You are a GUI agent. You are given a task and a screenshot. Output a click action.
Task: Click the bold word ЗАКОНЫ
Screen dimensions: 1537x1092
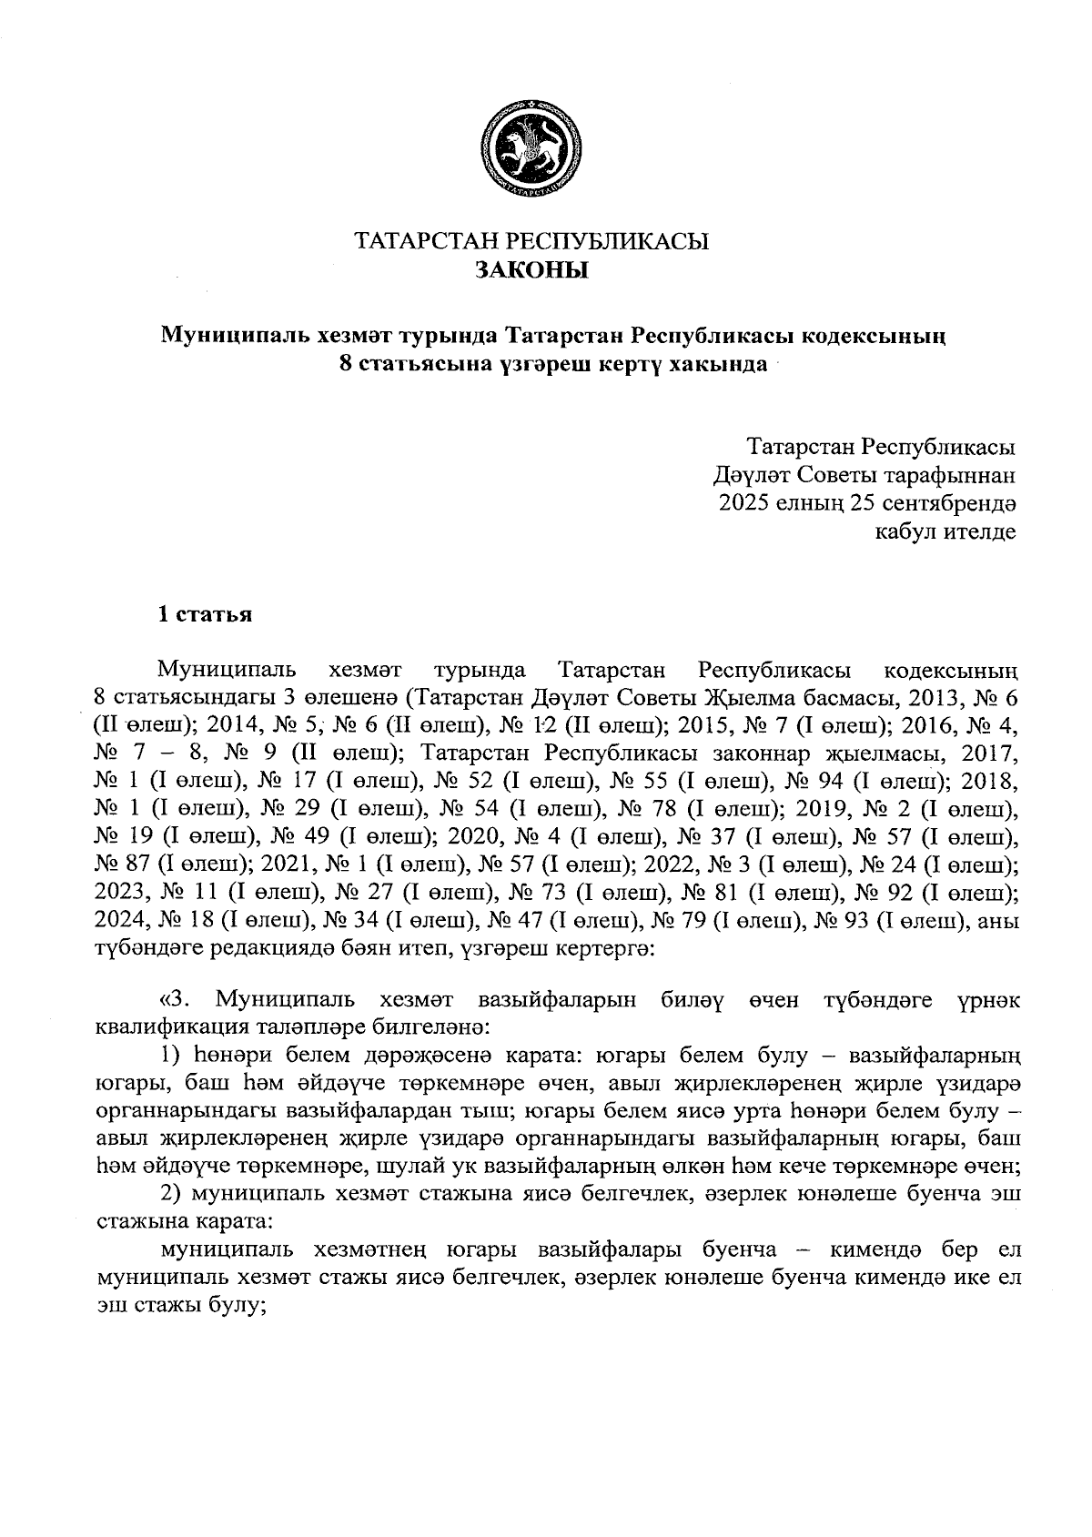tap(531, 270)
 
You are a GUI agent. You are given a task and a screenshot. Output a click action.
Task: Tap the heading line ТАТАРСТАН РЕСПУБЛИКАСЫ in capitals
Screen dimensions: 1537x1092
tap(531, 242)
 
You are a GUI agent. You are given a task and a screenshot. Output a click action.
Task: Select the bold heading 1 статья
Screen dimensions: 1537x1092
tap(206, 615)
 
